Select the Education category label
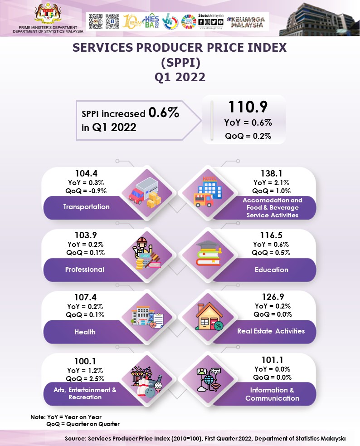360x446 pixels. coord(271,270)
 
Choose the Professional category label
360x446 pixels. coord(85,270)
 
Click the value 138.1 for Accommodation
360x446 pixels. coord(272,173)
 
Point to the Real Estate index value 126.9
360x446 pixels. coord(272,297)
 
